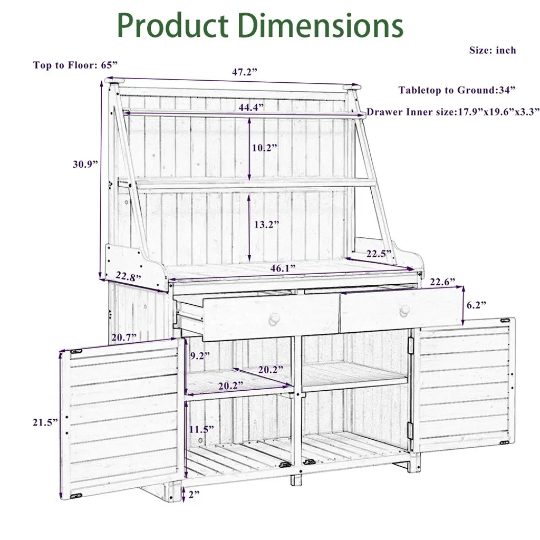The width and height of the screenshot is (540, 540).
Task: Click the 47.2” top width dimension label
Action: point(245,72)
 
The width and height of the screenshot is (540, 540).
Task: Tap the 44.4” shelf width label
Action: point(252,107)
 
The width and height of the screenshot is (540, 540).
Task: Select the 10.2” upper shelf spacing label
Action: point(265,148)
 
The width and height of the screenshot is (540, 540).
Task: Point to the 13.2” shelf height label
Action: point(266,225)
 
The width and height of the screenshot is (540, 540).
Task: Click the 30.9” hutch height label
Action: point(85,165)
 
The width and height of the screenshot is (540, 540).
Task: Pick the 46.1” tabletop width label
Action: point(283,268)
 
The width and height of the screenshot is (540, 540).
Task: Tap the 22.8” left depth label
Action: point(128,276)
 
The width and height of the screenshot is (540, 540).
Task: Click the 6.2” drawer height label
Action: point(476,305)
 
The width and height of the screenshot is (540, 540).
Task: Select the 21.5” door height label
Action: point(45,422)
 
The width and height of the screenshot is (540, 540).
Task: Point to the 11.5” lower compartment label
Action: point(201,429)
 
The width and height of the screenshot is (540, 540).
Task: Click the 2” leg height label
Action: point(194,494)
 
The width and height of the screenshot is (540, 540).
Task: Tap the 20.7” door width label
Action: point(124,337)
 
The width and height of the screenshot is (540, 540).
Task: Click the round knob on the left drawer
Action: point(274,320)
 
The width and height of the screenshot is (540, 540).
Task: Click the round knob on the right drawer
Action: point(405,311)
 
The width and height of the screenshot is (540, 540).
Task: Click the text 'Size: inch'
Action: point(493,50)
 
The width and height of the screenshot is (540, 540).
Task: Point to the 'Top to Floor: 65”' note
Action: point(75,65)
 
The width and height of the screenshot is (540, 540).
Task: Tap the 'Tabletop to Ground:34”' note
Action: point(457,90)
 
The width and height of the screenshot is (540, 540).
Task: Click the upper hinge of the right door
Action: point(410,345)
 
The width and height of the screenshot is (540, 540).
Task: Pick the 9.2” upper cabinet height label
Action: point(200,355)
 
